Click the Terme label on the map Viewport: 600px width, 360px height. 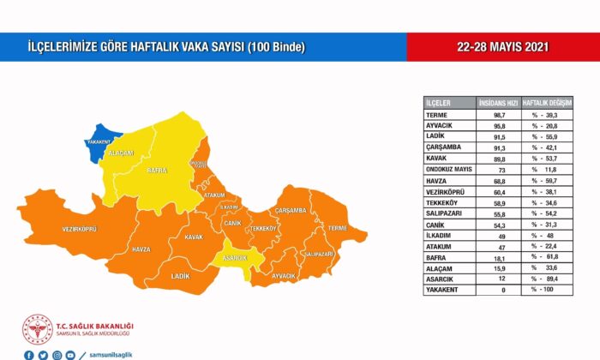pos(338,228)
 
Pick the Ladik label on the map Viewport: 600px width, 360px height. pos(180,276)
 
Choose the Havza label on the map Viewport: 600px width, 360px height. pos(141,249)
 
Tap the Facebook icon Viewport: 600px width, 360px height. pos(29,354)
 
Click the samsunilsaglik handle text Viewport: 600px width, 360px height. pos(111,354)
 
